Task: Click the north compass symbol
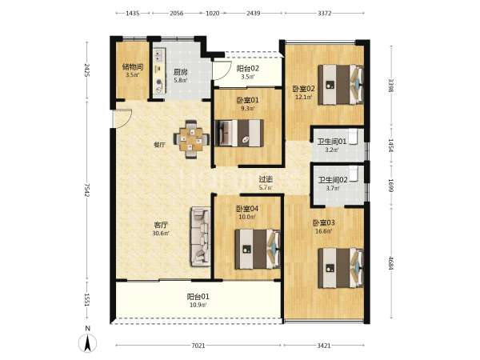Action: (x=88, y=342)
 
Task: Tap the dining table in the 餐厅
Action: (x=191, y=139)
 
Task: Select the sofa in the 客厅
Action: (x=201, y=236)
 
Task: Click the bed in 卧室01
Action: (x=239, y=133)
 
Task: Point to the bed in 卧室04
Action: (x=258, y=250)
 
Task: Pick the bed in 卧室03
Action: (x=341, y=268)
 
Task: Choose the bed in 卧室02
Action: (x=341, y=85)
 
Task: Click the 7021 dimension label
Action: (x=198, y=346)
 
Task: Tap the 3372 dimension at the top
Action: (x=324, y=13)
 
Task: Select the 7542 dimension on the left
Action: (x=87, y=190)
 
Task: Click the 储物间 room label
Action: (x=133, y=66)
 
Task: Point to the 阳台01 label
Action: (x=198, y=297)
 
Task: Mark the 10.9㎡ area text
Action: (x=198, y=305)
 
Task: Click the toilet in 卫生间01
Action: (x=353, y=137)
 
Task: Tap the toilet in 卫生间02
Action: (x=354, y=174)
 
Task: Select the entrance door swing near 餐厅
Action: (x=122, y=118)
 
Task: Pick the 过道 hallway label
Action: (x=266, y=179)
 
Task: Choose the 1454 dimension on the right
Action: (x=390, y=146)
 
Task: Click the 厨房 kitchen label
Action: (x=180, y=72)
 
